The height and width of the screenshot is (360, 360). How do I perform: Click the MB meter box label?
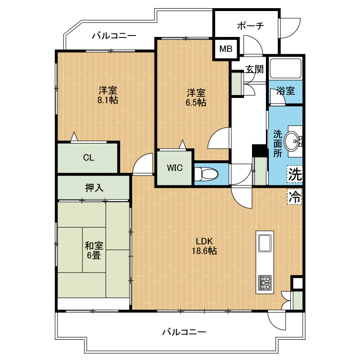click(x=226, y=48)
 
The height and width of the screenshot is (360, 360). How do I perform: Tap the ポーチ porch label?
click(x=251, y=26)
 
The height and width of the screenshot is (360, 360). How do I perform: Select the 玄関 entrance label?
click(x=254, y=69)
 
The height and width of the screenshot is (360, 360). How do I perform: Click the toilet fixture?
click(x=206, y=174)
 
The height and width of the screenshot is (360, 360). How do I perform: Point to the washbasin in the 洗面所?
click(x=293, y=141)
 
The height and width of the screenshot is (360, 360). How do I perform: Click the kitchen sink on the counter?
click(x=264, y=243)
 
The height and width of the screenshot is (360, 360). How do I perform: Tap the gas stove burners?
click(x=264, y=283)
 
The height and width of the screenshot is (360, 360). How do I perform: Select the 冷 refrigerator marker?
click(x=295, y=196)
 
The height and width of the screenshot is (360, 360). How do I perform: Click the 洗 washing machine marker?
click(x=295, y=174)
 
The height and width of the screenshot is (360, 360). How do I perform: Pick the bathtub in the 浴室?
click(x=286, y=69)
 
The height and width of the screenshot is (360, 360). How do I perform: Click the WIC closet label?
click(x=175, y=168)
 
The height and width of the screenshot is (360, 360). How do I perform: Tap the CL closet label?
click(x=89, y=158)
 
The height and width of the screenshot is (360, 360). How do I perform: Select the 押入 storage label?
click(x=94, y=188)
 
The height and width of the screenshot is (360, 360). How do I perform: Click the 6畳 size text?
click(x=94, y=255)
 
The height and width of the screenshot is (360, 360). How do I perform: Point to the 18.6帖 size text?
click(x=204, y=251)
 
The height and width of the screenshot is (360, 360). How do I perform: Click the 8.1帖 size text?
click(x=108, y=100)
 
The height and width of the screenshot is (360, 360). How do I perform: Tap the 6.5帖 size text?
click(x=196, y=102)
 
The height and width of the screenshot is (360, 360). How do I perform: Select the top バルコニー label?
click(x=114, y=36)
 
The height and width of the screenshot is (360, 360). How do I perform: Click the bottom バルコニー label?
click(x=184, y=332)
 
